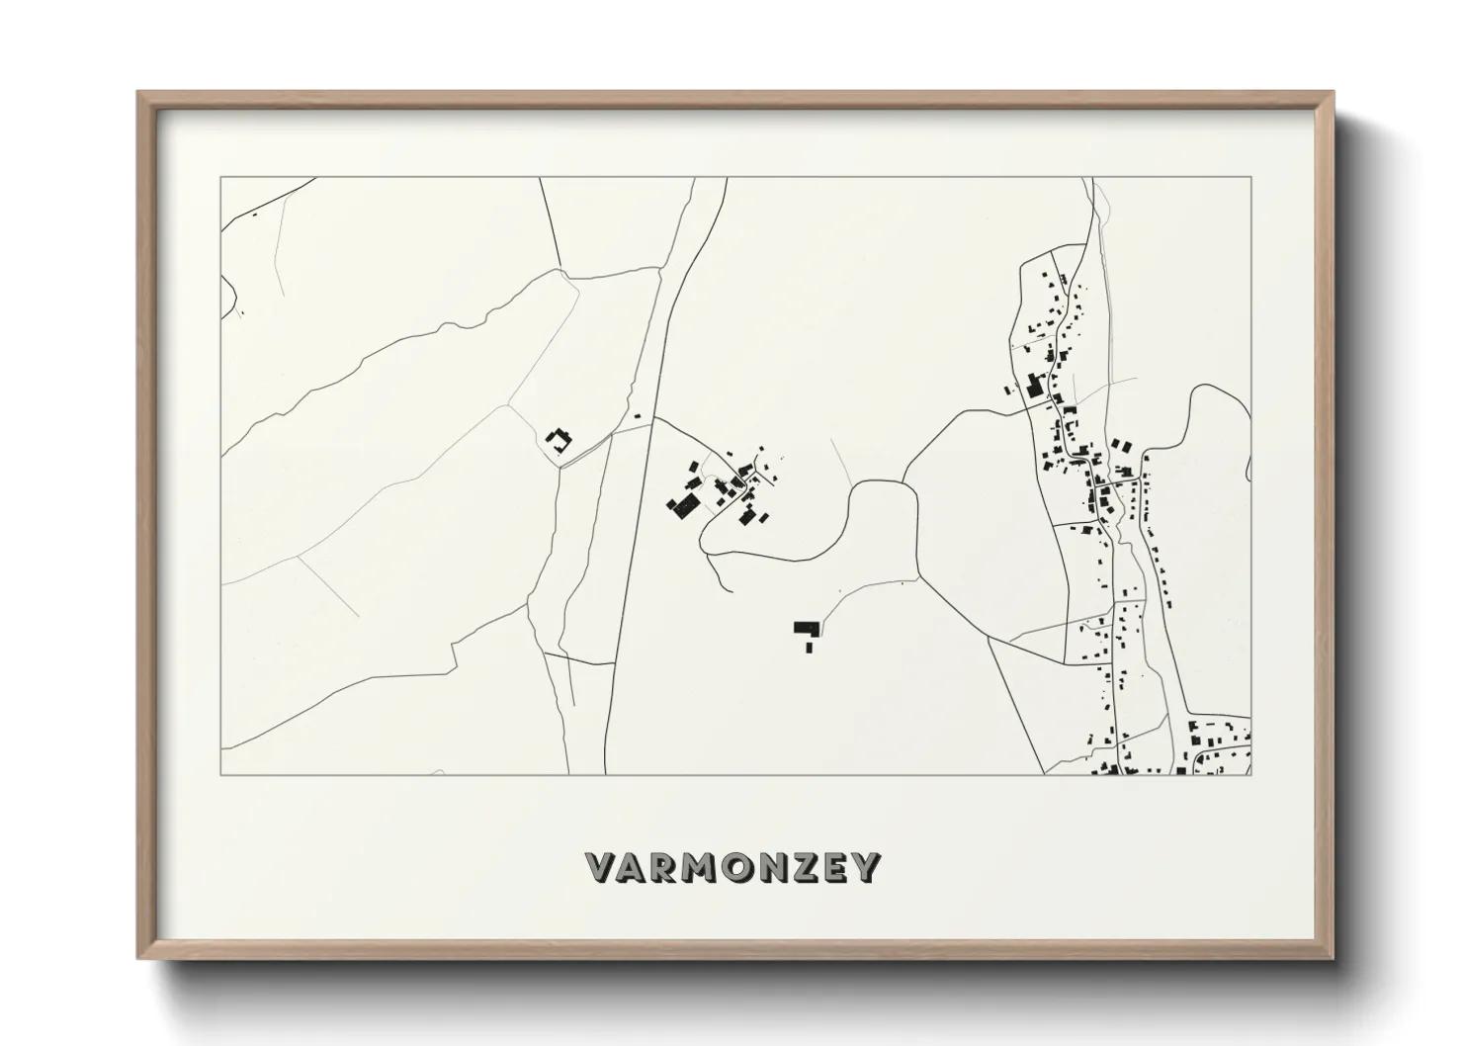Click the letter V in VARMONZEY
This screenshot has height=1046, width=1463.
pyautogui.click(x=604, y=868)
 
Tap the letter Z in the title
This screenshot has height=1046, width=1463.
pyautogui.click(x=800, y=868)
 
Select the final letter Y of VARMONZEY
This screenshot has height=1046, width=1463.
pyautogui.click(x=865, y=868)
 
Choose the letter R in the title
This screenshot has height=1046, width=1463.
pyautogui.click(x=665, y=868)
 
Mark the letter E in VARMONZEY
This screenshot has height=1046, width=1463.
pyautogui.click(x=832, y=868)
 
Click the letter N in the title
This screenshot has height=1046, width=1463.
pyautogui.click(x=767, y=868)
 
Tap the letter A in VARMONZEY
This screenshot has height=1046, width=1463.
pyautogui.click(x=635, y=868)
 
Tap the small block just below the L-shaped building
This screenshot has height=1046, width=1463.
pyautogui.click(x=809, y=647)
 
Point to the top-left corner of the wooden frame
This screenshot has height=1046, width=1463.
pyautogui.click(x=138, y=93)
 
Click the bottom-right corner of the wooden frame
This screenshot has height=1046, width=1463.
pyautogui.click(x=1334, y=958)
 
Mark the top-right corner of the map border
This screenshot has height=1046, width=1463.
pyautogui.click(x=1251, y=178)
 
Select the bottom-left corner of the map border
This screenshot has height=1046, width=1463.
pyautogui.click(x=220, y=774)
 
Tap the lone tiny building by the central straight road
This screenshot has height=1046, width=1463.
pyautogui.click(x=637, y=416)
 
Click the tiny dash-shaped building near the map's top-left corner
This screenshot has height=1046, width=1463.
pyautogui.click(x=254, y=214)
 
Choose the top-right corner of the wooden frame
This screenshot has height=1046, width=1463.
pyautogui.click(x=1334, y=93)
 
